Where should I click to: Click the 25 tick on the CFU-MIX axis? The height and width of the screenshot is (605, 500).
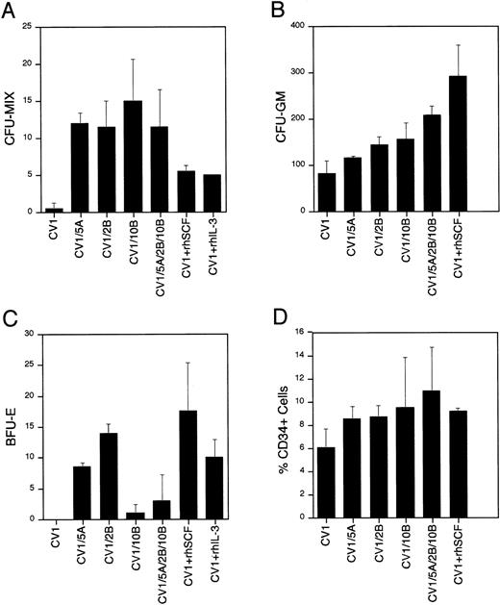click(x=42, y=28)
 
